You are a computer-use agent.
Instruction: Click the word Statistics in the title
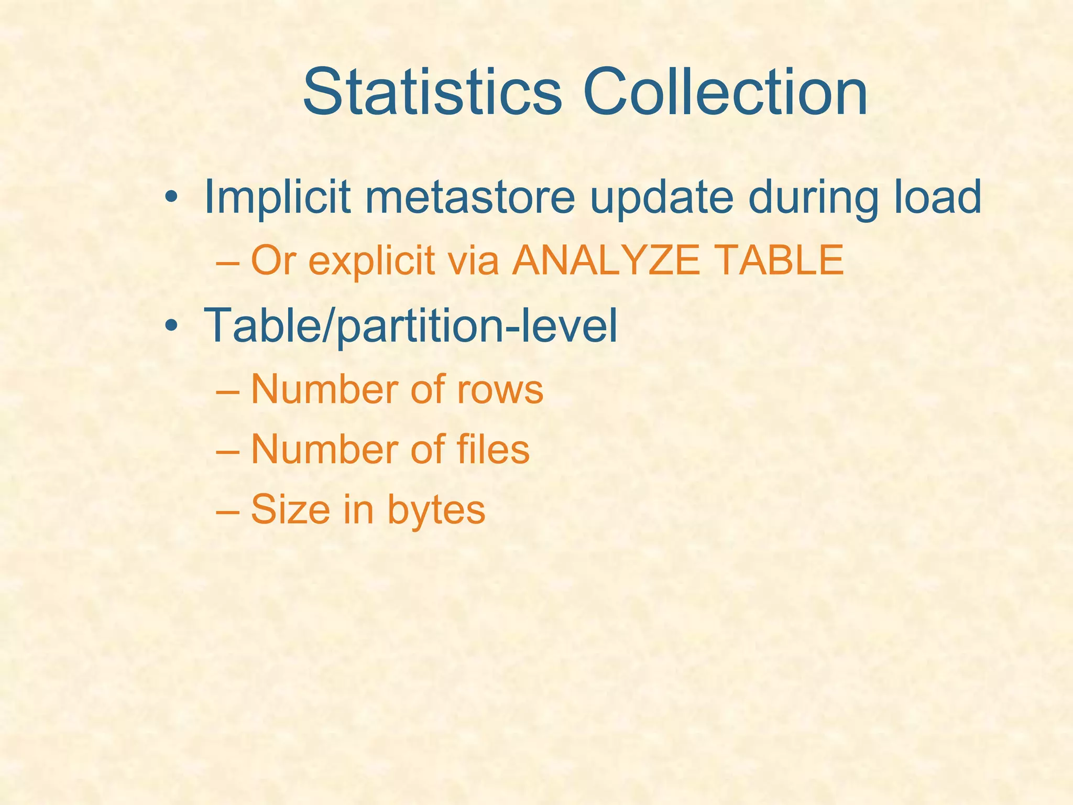[x=432, y=92]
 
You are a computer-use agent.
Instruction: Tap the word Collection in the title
[x=725, y=92]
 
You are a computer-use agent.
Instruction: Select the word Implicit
[x=277, y=197]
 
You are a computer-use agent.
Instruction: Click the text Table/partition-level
[x=411, y=326]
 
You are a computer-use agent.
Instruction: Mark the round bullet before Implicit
[x=170, y=198]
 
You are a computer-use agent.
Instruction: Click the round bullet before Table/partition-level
[x=170, y=326]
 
